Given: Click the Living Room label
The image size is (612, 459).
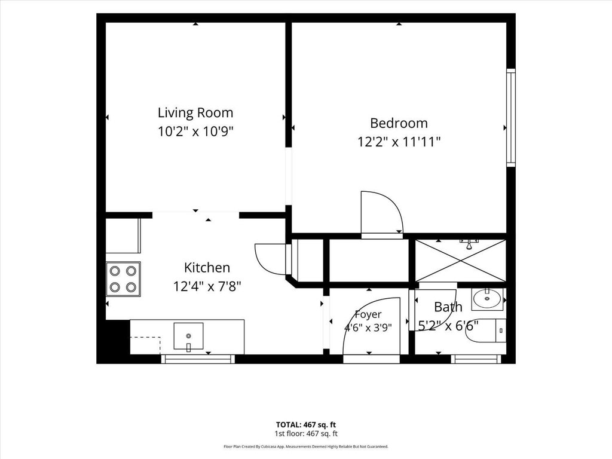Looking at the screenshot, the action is coord(195,113).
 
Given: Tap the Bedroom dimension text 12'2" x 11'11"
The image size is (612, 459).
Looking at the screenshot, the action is coord(399,142).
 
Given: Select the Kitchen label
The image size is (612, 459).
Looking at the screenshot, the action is coord(207,268).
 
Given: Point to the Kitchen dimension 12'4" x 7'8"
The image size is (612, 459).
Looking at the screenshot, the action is coord(207,286).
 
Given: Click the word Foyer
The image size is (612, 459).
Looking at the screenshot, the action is coord(368,314).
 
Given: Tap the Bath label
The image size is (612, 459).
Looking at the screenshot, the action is coord(448,307).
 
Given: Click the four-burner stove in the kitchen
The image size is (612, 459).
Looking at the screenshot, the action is coord(123,279).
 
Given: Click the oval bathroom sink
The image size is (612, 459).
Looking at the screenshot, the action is coord(487,299).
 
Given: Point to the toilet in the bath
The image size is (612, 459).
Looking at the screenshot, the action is coord(486,331).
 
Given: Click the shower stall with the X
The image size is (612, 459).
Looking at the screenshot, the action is coord(460,260).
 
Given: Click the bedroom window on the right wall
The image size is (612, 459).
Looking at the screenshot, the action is coord(511,118).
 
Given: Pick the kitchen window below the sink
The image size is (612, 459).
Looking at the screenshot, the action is coord(198,359).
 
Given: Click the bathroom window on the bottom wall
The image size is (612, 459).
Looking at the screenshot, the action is coord(476,359).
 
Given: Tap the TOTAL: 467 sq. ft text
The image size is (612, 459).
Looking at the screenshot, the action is coord(306,425).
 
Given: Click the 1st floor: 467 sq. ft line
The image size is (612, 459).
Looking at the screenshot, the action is coord(306,434).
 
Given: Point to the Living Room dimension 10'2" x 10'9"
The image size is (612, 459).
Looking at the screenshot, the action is coord(195,131).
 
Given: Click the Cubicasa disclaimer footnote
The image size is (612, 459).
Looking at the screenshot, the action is coord(306,446).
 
